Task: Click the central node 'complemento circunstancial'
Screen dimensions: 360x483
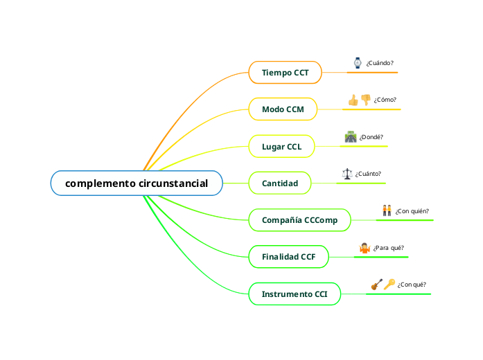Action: pyautogui.click(x=137, y=183)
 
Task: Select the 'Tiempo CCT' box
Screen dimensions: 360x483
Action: pyautogui.click(x=285, y=72)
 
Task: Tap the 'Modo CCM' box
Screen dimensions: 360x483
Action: pyautogui.click(x=283, y=109)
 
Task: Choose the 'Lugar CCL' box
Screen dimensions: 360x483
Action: pyautogui.click(x=281, y=147)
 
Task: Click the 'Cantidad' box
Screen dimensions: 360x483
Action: pyautogui.click(x=280, y=183)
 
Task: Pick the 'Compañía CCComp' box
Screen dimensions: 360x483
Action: pyautogui.click(x=299, y=220)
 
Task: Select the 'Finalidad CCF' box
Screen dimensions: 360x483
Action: pyautogui.click(x=288, y=257)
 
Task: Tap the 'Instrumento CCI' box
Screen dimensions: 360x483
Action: pyautogui.click(x=294, y=294)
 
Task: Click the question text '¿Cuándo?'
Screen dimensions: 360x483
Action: pyautogui.click(x=380, y=63)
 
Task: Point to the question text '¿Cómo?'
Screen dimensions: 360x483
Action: pyautogui.click(x=385, y=100)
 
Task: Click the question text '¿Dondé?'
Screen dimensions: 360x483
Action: pyautogui.click(x=371, y=137)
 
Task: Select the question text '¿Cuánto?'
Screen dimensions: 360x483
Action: pyautogui.click(x=368, y=174)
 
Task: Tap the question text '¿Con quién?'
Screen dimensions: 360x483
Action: pyautogui.click(x=412, y=211)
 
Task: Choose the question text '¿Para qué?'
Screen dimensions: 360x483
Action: pyautogui.click(x=388, y=248)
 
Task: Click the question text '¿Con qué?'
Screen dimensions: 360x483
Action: pyautogui.click(x=412, y=285)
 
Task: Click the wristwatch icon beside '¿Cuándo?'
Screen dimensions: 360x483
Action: pyautogui.click(x=358, y=63)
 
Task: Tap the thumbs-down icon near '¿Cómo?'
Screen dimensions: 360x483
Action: pyautogui.click(x=366, y=100)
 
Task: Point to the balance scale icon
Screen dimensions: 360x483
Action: pyautogui.click(x=347, y=174)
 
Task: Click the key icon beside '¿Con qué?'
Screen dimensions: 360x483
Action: pyautogui.click(x=389, y=284)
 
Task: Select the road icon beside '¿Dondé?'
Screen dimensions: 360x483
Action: pyautogui.click(x=351, y=137)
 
